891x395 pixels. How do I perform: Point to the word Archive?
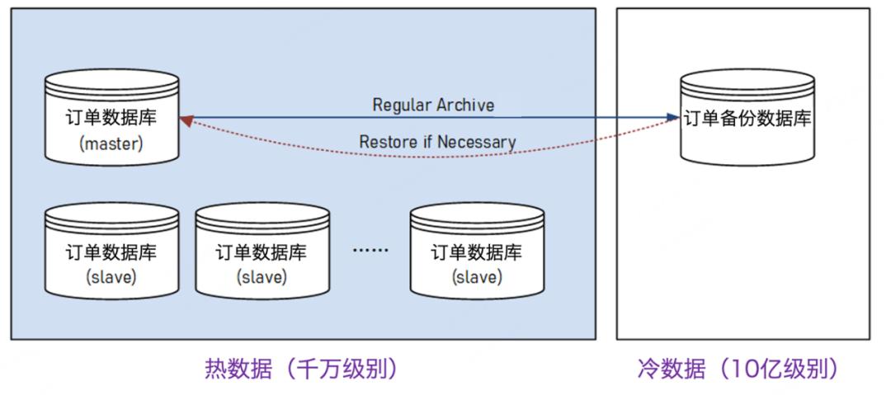tap(466, 106)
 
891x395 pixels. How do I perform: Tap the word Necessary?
tap(477, 142)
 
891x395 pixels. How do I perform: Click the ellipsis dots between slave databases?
tap(370, 251)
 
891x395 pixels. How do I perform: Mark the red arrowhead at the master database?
tap(186, 121)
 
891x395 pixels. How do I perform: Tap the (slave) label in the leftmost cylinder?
tap(111, 276)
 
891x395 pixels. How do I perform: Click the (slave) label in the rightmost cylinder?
tap(477, 276)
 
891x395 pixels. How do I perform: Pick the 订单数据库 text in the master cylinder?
tap(111, 117)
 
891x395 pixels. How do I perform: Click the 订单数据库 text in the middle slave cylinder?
tap(262, 252)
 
